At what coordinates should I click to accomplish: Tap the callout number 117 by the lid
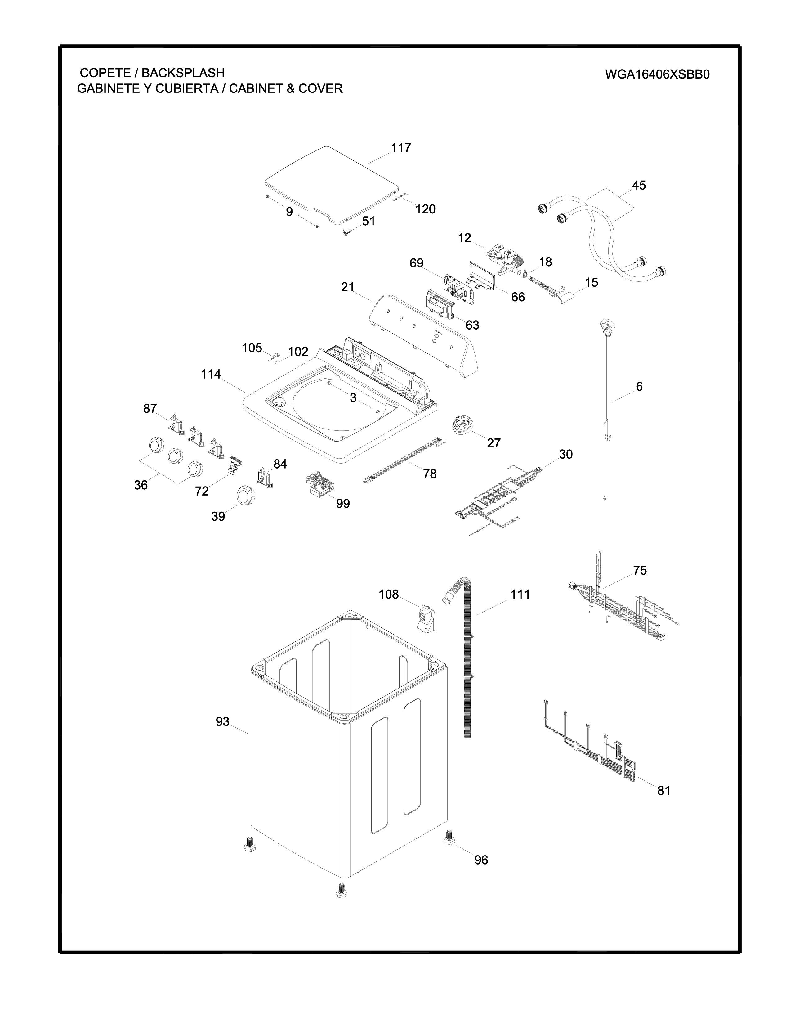pyautogui.click(x=401, y=148)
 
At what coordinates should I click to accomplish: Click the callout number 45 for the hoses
pyautogui.click(x=639, y=185)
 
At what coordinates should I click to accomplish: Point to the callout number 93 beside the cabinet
pyautogui.click(x=223, y=721)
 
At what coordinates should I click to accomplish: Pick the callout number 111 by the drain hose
pyautogui.click(x=520, y=595)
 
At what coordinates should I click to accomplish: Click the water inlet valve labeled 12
pyautogui.click(x=504, y=260)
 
